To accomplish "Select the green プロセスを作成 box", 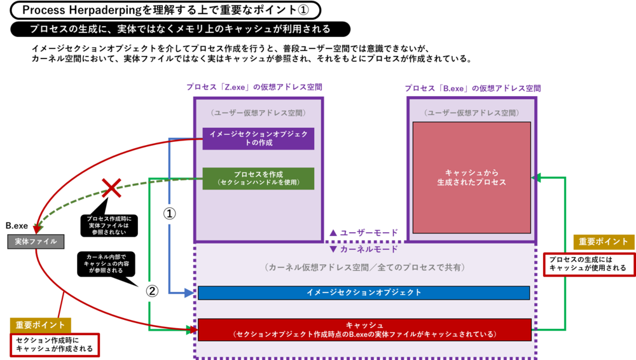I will (258, 179).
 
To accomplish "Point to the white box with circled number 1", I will (170, 214).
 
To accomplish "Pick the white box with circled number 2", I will (152, 291).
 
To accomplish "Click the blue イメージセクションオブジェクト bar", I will (364, 293).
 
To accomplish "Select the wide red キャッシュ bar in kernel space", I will (364, 329).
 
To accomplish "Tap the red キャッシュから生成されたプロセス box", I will (471, 178).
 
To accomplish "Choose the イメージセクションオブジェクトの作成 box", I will (258, 138).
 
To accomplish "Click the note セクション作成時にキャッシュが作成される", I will (54, 345).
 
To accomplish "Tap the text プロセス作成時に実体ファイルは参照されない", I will (108, 226).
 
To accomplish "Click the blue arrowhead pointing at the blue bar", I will (189, 293).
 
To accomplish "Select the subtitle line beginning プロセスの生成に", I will (180, 29).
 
